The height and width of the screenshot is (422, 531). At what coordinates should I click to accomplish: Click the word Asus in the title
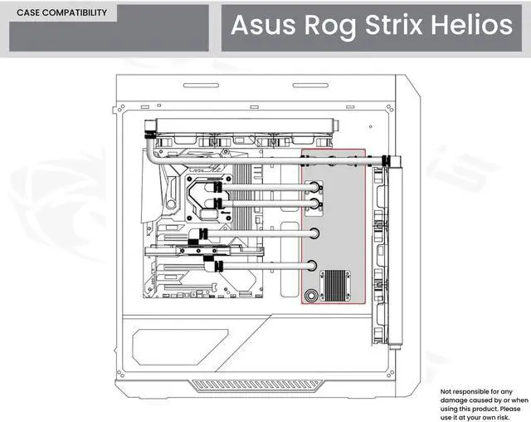point(257,26)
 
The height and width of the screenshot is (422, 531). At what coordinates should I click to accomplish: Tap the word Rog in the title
point(324,26)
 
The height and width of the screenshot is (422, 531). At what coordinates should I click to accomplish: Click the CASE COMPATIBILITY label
point(61,13)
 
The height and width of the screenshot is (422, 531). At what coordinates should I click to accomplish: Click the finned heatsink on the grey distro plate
point(339,285)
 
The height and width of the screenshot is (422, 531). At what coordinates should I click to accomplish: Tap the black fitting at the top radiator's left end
point(149,129)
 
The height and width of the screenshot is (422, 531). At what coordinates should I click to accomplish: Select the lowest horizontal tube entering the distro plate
point(265,267)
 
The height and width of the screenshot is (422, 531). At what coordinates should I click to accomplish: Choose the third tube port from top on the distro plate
point(316,233)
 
